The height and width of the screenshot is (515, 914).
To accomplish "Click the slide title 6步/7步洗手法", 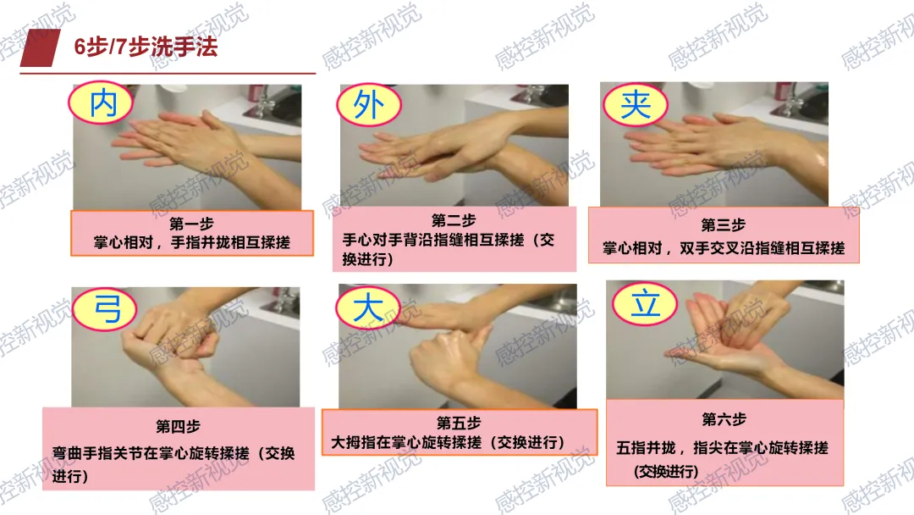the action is pos(146,47).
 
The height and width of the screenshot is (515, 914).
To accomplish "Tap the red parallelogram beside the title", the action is pos(41,47).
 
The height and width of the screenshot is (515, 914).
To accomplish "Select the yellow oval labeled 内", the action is pos(101,103).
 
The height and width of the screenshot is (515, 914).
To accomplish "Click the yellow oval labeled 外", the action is pos(369,105).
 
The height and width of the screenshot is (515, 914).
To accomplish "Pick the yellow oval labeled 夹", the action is pos(636,105).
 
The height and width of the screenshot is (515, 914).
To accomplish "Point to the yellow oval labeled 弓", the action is pos(105,309).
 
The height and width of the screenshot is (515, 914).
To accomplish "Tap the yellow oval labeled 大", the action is pos(368,307).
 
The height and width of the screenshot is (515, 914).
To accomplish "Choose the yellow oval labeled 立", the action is pos(645,303).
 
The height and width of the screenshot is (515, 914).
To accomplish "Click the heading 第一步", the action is pos(191,224).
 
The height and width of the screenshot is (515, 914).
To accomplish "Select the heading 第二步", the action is pos(454,220).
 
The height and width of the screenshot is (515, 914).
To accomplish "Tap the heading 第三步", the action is pos(724,224).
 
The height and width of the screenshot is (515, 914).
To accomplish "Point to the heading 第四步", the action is pos(178,426).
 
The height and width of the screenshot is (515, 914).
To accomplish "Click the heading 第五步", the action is pos(459,423).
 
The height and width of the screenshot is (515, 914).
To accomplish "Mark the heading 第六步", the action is pos(724,418).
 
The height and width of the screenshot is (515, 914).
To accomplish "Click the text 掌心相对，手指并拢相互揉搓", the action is pos(192,242).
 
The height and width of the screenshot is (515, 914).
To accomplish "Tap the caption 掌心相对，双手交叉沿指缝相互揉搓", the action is pos(724,248).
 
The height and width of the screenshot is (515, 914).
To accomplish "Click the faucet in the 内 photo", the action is pos(263,102).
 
